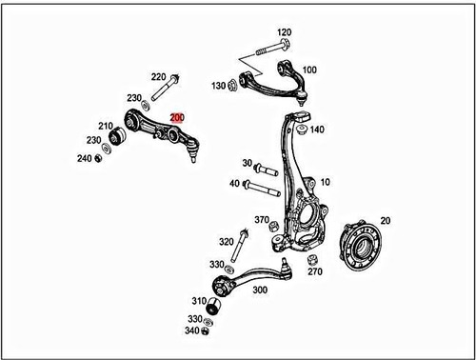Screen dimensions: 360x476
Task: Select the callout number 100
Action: pos(309,70)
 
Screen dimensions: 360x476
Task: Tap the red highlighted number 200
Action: pos(177,116)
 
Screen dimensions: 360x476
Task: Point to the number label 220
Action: pos(158,76)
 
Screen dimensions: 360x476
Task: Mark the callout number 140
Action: pos(317,130)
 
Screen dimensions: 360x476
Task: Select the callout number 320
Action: pos(226,242)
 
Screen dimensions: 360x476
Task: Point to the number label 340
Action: pos(194,331)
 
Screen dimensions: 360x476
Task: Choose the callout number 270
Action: pos(315,271)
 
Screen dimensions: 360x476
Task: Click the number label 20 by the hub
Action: pos(385,218)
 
